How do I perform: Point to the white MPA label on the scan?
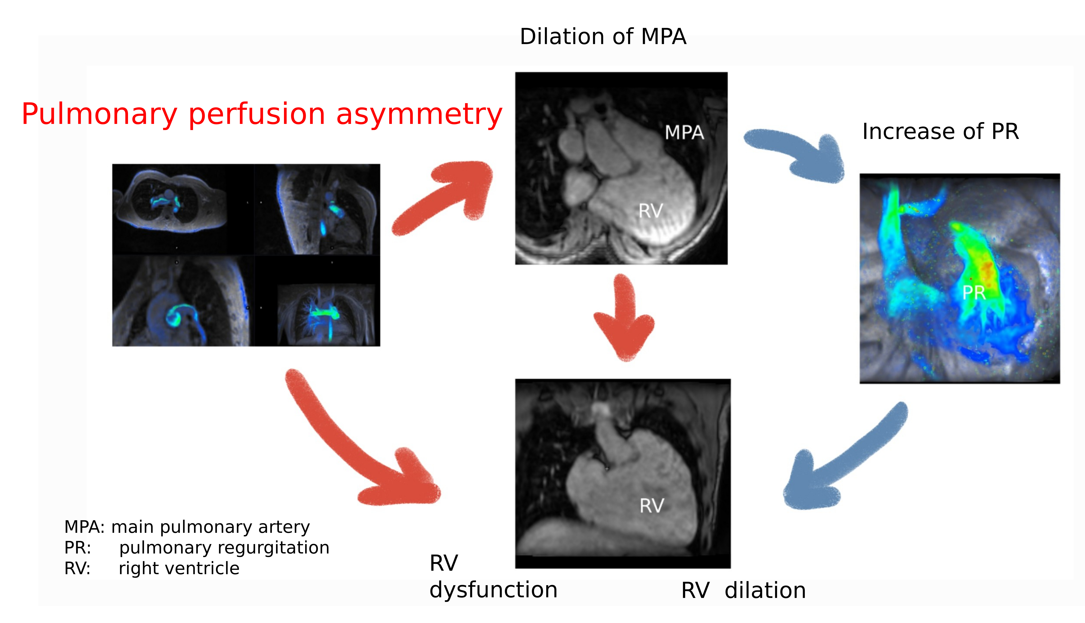pos(684,133)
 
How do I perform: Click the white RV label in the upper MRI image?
pos(651,211)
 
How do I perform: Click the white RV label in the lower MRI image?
pos(651,506)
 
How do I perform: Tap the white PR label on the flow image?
pos(974,293)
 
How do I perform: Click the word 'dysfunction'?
pos(493,590)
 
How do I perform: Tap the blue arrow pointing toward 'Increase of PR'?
pos(796,154)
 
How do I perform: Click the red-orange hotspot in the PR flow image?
pos(987,270)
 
